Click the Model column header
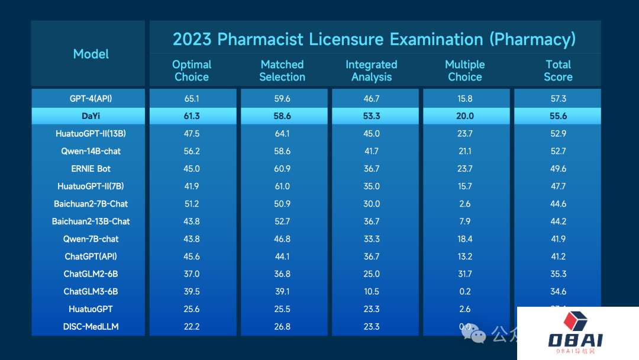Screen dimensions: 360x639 pos(91,54)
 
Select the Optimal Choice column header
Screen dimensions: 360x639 pos(192,70)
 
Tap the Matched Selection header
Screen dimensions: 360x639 pos(282,70)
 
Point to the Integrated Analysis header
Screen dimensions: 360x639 pos(372,70)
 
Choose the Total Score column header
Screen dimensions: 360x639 pos(558,70)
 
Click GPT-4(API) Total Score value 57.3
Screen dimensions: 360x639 pos(558,98)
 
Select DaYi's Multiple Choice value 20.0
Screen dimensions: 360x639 pos(465,116)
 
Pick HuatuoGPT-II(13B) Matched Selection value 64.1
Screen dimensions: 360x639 pos(282,134)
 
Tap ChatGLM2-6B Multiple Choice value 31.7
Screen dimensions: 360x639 pos(465,274)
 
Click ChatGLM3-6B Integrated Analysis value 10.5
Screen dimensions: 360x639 pos(372,292)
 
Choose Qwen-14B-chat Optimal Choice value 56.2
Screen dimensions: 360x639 pos(192,151)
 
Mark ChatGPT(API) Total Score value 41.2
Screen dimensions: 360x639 pos(558,256)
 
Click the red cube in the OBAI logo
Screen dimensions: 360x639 pos(575,322)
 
